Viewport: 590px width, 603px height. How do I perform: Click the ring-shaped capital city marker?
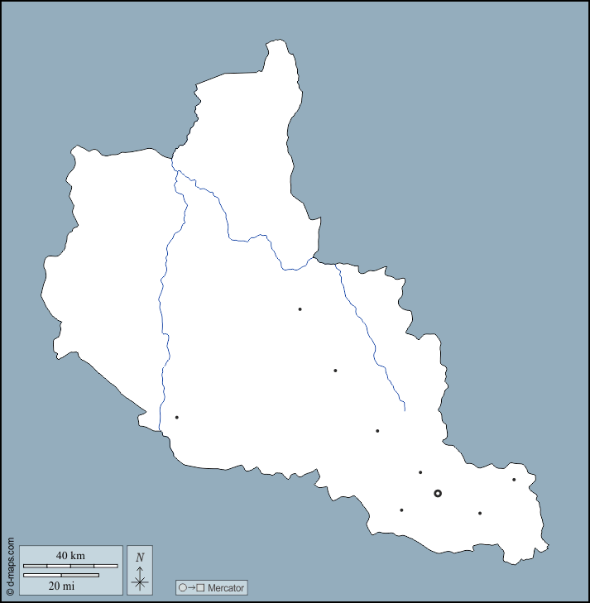pos(438,493)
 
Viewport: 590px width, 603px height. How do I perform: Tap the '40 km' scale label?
pos(70,555)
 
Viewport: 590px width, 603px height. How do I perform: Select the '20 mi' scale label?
pos(61,586)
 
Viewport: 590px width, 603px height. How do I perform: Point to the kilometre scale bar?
pos(70,566)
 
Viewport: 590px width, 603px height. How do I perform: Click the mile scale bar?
pos(61,575)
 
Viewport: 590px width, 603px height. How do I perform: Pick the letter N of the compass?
pos(140,558)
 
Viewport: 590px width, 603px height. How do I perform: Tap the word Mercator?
pos(226,588)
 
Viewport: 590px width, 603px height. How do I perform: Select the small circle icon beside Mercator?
pos(183,588)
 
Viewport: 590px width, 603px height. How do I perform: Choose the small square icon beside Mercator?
pos(200,588)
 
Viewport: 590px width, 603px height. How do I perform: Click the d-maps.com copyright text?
pos(10,567)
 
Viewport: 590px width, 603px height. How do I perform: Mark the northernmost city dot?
pos(300,309)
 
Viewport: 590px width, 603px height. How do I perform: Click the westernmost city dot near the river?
pos(176,417)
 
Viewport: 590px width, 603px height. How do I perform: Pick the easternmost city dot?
pos(514,480)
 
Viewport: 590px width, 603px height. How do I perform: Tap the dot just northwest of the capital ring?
pos(420,472)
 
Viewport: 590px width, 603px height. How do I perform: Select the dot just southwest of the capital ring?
pos(401,510)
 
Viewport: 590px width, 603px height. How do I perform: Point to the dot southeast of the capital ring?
pos(480,513)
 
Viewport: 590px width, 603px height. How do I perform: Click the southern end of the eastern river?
pos(404,409)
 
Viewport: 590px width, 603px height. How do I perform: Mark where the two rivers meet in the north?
pos(176,171)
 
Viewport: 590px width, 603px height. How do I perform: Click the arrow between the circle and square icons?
pos(191,588)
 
